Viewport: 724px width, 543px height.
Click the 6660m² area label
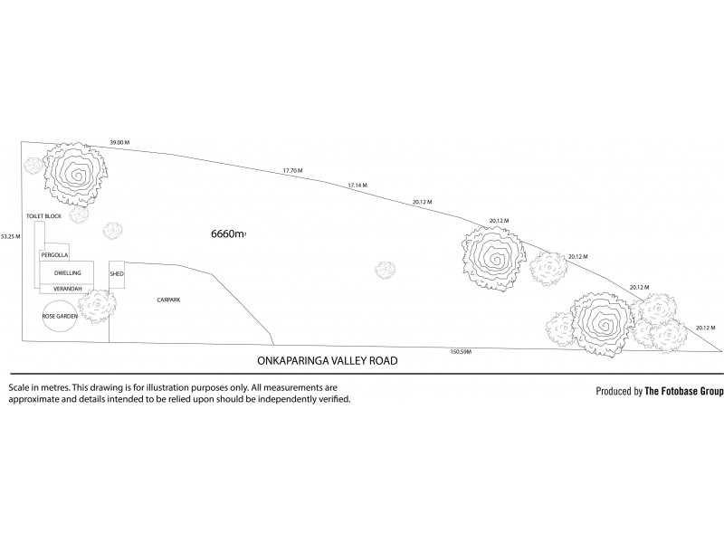tap(228, 233)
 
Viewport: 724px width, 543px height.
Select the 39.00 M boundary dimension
tap(119, 143)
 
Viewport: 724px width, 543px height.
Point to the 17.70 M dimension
tap(292, 170)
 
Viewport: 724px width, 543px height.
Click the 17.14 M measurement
tap(358, 186)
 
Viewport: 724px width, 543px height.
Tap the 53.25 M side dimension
tap(10, 236)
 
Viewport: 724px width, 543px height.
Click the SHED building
tap(116, 273)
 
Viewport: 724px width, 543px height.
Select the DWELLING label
tap(68, 272)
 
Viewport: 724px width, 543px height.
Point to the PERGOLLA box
tap(54, 256)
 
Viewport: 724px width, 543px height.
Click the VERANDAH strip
tap(68, 289)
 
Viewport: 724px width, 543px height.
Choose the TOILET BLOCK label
tap(43, 217)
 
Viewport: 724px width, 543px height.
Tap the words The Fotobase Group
tap(684, 392)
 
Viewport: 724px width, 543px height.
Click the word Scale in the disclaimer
tap(20, 386)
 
